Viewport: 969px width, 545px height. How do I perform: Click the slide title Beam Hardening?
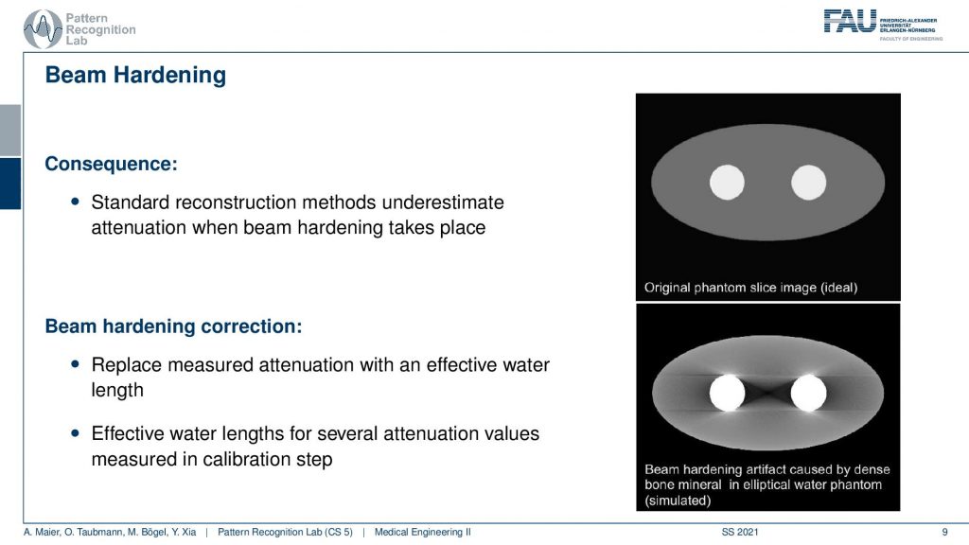(x=135, y=76)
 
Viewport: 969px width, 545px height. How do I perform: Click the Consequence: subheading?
(x=112, y=164)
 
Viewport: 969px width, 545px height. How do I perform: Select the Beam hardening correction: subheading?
(x=174, y=326)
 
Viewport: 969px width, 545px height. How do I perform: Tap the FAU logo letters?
(x=850, y=21)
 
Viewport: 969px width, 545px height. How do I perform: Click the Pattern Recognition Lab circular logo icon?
(x=42, y=28)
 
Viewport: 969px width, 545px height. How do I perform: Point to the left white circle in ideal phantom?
(x=727, y=183)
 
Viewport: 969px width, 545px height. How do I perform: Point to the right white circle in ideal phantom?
(x=808, y=183)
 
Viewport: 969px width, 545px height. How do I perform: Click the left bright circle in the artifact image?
(x=727, y=393)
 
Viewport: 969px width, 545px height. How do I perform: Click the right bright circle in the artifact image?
(x=808, y=393)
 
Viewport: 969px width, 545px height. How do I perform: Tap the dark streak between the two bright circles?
(x=767, y=393)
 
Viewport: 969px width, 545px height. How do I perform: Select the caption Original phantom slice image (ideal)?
(x=750, y=288)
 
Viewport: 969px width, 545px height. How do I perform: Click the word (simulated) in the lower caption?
(x=678, y=501)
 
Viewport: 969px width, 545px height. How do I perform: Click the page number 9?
(x=944, y=532)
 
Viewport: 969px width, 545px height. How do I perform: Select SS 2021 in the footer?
(x=740, y=532)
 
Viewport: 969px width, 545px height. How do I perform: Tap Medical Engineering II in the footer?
(x=423, y=532)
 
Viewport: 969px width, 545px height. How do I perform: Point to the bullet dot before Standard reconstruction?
(x=76, y=201)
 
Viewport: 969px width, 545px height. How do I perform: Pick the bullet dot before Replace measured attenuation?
(x=76, y=364)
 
